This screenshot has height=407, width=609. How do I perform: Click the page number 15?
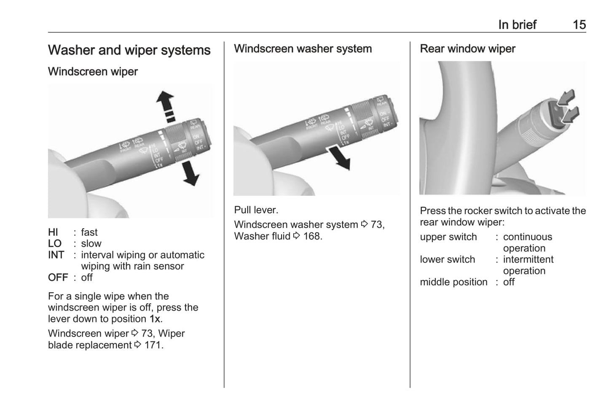click(579, 25)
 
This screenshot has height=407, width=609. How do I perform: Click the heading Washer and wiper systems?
click(129, 50)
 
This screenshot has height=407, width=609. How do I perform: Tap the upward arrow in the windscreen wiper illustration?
click(165, 102)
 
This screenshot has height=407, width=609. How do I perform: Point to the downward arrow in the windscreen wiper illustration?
click(190, 174)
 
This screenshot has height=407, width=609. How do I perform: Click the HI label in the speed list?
click(53, 232)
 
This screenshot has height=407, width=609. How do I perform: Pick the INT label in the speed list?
click(56, 255)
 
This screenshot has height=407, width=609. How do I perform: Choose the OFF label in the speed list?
click(58, 278)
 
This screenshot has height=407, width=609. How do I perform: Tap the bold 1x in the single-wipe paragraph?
click(155, 319)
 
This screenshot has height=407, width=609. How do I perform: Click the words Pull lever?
click(256, 210)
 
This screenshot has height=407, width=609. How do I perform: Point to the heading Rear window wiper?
click(467, 49)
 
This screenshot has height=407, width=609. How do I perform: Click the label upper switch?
click(448, 237)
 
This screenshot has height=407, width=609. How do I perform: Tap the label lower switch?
click(447, 260)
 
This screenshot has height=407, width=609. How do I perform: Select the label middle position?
click(453, 282)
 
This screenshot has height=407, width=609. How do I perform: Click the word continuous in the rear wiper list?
click(527, 237)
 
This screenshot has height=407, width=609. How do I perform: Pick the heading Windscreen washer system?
click(303, 49)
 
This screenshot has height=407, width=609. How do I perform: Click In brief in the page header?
click(517, 25)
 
